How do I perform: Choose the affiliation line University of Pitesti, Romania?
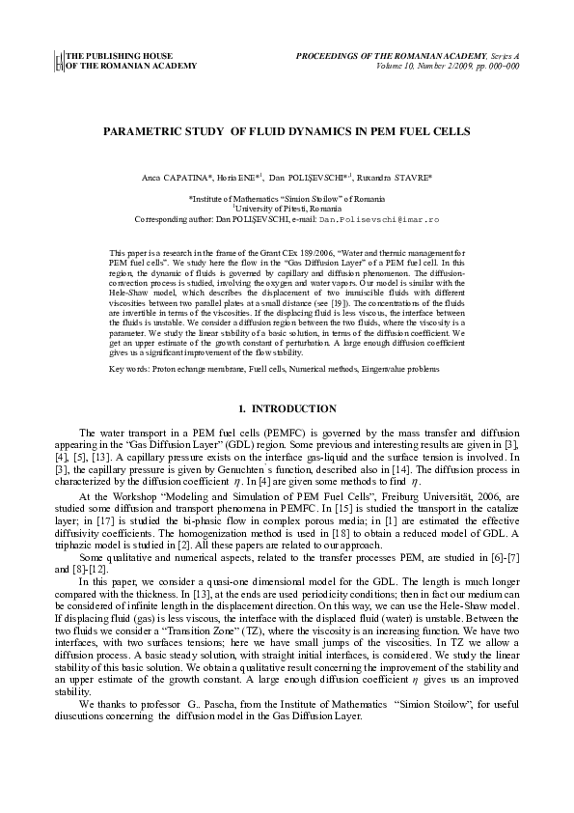point(286,210)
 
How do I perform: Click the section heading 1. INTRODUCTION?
point(286,409)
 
